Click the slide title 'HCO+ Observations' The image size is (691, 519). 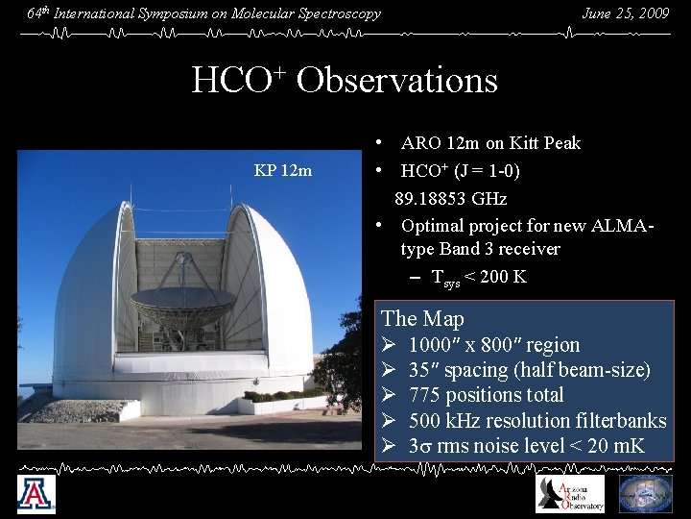pos(345,80)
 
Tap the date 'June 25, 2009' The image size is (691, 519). pos(625,13)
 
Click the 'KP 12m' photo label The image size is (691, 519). pos(282,171)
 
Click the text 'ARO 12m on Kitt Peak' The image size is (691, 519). pos(490,143)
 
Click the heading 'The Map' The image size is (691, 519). pos(422,319)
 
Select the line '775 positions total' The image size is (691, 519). pos(486,395)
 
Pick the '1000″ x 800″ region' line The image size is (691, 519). pos(493,345)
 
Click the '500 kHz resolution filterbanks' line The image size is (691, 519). pos(536,421)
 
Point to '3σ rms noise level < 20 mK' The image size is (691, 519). pos(526,446)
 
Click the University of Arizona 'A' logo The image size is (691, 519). pos(36,495)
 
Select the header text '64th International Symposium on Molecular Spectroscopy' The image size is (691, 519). pos(203,13)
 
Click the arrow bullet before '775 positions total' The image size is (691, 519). pos(389,395)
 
